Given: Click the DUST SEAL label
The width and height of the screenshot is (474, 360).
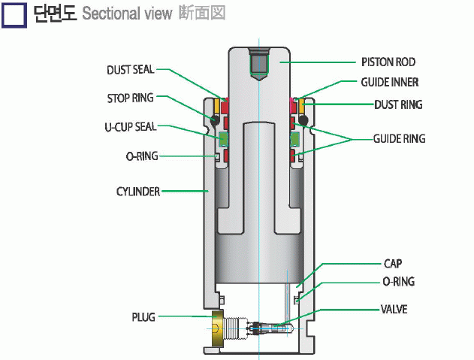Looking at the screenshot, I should coord(130,70).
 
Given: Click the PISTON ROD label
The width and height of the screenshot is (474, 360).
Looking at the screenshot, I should coord(388,62).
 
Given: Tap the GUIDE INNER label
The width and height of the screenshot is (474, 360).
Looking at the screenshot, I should coord(390,83).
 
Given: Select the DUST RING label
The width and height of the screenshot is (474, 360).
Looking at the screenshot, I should coord(398,104).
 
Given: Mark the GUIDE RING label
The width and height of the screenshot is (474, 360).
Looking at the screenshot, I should coord(400,139).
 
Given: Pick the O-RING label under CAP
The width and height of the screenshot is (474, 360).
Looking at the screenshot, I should coord(399,282).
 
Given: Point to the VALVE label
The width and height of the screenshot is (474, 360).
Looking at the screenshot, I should coord(394,309).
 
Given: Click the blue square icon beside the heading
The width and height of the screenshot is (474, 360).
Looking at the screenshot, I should coord(16,14).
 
